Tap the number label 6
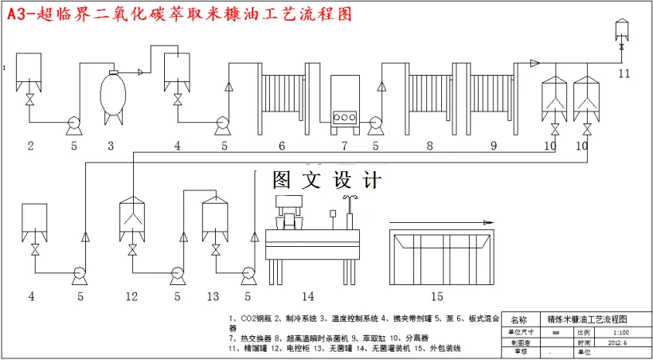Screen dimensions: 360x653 [282, 146]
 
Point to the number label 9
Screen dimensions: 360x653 [493, 146]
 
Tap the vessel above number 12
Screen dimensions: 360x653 [132, 218]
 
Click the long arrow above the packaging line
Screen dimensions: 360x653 [437, 223]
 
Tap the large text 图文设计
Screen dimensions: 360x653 [327, 180]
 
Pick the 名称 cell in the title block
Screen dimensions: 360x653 [518, 319]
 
